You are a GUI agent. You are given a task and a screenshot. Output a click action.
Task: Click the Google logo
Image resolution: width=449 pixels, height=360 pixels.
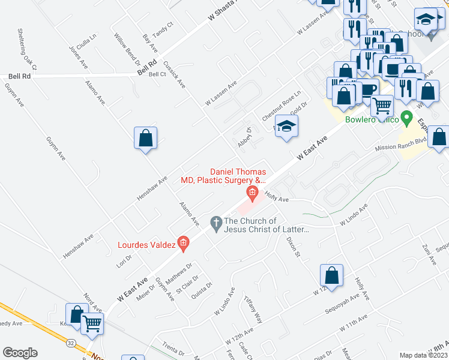[20, 353]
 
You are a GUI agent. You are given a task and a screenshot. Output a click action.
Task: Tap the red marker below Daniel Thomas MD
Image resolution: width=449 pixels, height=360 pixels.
[253, 193]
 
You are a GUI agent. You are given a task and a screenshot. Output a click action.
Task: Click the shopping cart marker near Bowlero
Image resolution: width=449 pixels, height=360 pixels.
[382, 106]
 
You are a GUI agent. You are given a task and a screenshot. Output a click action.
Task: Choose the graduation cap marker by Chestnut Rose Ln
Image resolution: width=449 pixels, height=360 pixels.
[287, 126]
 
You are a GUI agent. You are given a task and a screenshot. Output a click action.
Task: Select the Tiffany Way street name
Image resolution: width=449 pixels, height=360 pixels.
[253, 308]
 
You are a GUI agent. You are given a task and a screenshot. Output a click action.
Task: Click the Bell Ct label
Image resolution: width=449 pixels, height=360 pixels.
[157, 74]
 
